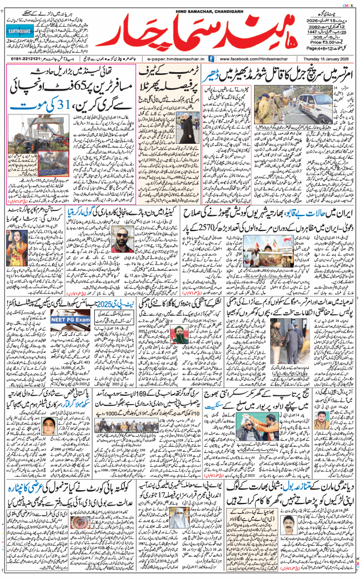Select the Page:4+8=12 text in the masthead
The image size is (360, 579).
(x=333, y=49)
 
